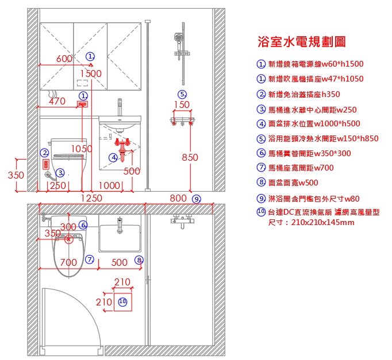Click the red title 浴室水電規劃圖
pos(302,42)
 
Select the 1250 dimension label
pos(91,198)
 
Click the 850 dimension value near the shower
pos(190,157)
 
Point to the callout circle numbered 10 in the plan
pos(122,301)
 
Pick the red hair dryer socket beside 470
pos(82,104)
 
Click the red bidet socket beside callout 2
pos(46,165)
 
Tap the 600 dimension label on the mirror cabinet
pos(64,59)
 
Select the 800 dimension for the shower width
pos(178,198)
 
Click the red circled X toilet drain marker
pos(68,239)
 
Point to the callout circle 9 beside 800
pos(197,199)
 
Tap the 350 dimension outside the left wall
pos(16,175)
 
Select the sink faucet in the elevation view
pos(120,107)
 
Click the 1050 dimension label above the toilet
pos(82,149)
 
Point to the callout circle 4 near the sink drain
pos(113,157)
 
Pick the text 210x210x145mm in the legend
pos(323,222)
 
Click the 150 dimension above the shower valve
pos(182,104)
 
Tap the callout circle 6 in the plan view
pos(83,224)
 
